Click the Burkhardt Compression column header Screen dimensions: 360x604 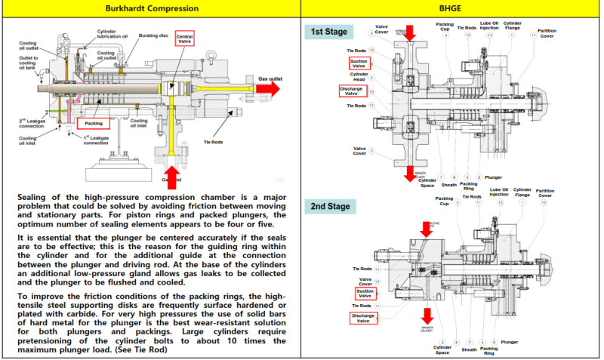152,8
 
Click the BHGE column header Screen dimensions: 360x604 451,8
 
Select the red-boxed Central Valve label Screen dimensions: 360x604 184,39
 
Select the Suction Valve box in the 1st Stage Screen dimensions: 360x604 359,63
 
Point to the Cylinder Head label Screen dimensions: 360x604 359,76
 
